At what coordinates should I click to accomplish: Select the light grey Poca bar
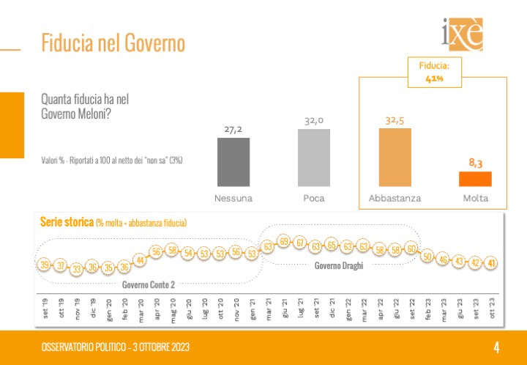[x=314, y=157]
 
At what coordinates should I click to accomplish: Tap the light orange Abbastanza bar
[x=395, y=157]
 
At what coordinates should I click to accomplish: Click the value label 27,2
[x=234, y=129]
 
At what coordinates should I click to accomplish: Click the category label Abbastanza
[x=395, y=198]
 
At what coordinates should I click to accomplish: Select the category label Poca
[x=314, y=198]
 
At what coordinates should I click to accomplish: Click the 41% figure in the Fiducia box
[x=434, y=78]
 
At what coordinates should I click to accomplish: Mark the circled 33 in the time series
[x=75, y=269]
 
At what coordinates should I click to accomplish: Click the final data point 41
[x=493, y=263]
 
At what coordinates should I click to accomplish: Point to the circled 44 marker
[x=139, y=258]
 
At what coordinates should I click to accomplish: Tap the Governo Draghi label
[x=338, y=265]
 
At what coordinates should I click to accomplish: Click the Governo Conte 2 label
[x=149, y=284]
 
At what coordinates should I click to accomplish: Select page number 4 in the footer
[x=496, y=347]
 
